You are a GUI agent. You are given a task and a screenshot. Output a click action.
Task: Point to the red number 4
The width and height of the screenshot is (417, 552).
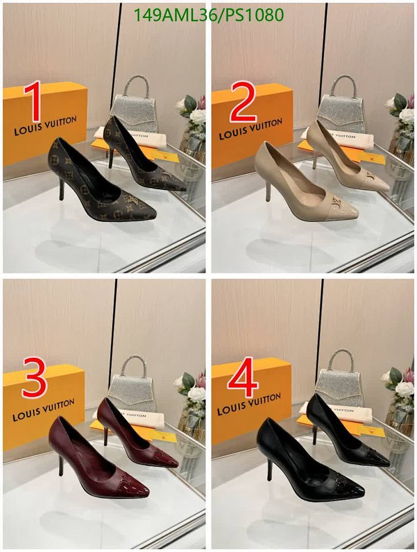tap(243, 378)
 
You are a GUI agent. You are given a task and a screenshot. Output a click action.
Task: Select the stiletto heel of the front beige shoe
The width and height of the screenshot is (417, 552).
tap(268, 190)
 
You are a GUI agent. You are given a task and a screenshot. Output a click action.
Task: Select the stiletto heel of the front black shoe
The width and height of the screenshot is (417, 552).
tap(269, 468)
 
